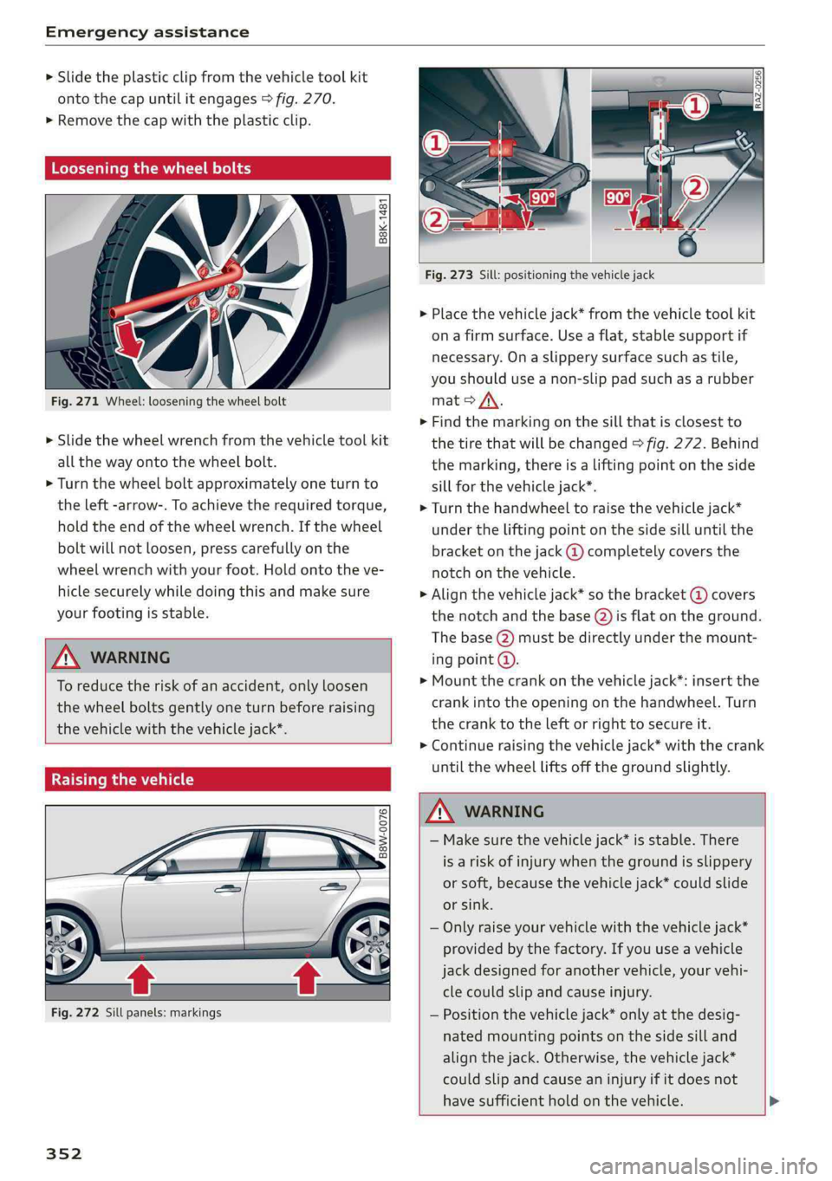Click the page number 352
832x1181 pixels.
(64, 1153)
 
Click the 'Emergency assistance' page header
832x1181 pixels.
(147, 32)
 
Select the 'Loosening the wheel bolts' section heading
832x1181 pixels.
(151, 168)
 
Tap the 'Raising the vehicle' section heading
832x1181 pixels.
(122, 779)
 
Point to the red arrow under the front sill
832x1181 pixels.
(141, 978)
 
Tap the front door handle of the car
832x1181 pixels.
(228, 888)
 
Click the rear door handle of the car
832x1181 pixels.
(334, 886)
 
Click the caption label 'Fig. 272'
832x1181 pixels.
(75, 1012)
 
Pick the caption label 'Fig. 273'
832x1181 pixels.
(449, 275)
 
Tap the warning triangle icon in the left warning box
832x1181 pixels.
(67, 658)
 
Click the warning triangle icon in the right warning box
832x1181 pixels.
(441, 812)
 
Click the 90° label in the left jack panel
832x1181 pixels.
(543, 198)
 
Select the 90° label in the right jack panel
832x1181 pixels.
(618, 198)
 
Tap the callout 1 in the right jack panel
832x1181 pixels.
(695, 107)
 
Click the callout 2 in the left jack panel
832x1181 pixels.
(435, 220)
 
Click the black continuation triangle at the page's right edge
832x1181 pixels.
(774, 1101)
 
